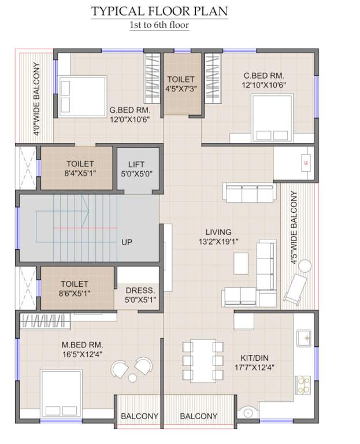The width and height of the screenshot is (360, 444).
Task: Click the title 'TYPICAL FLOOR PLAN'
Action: [x=159, y=12]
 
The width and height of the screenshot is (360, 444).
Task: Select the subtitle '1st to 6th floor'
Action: [x=159, y=25]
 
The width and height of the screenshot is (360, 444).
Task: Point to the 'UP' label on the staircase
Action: [x=127, y=242]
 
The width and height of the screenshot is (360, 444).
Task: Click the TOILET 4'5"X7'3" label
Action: [x=181, y=84]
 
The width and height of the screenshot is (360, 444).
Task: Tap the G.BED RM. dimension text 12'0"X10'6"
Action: [x=130, y=120]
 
